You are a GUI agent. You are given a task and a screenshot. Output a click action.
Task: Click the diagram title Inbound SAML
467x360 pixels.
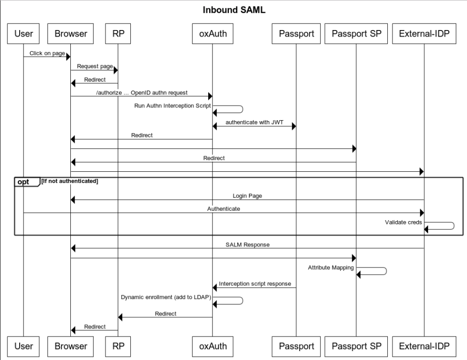tap(234, 10)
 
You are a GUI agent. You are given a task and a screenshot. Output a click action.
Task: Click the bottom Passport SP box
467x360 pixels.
tap(356, 346)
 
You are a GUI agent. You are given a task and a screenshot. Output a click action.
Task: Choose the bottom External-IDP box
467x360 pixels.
tap(424, 346)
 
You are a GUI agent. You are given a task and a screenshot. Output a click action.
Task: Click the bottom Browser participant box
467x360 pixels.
tap(70, 346)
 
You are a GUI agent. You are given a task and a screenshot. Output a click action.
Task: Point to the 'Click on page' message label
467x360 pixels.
tap(47, 53)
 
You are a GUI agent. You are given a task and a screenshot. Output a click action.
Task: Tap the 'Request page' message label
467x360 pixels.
tap(94, 67)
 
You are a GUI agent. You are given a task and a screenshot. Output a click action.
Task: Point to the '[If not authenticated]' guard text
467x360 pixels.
tap(70, 181)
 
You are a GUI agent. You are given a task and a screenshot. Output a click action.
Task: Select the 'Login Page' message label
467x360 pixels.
tap(247, 196)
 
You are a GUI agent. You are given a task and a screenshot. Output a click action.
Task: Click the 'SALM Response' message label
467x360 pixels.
tap(247, 245)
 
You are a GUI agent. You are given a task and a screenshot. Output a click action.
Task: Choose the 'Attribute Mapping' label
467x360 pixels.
tap(331, 267)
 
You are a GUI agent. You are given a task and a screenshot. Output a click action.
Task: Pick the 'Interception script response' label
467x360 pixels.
tap(254, 284)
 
